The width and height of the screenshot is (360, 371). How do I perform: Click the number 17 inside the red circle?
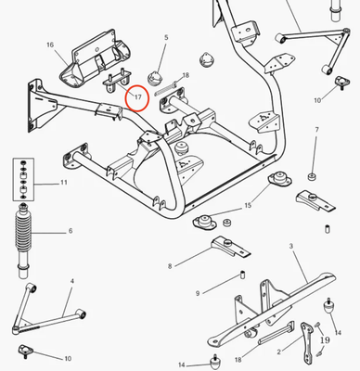[137, 96]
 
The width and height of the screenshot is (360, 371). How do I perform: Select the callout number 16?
[50, 45]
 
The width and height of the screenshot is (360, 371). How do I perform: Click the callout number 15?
[248, 205]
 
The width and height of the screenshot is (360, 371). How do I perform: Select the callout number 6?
[69, 231]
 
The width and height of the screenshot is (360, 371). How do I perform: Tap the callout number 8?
[170, 266]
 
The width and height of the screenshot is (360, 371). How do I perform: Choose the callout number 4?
[72, 279]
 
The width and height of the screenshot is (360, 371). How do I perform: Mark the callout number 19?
[325, 340]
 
